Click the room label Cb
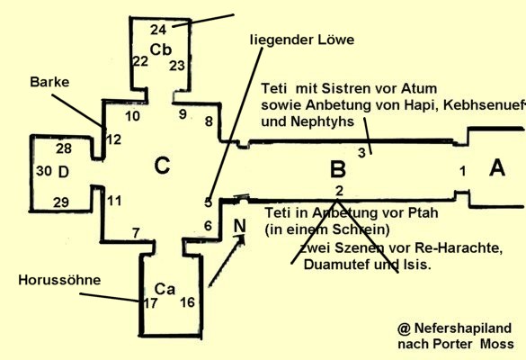pyautogui.click(x=161, y=49)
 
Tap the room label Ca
pyautogui.click(x=165, y=289)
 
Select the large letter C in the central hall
pyautogui.click(x=162, y=166)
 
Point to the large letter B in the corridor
pyautogui.click(x=338, y=169)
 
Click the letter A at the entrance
pyautogui.click(x=497, y=167)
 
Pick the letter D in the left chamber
pyautogui.click(x=64, y=172)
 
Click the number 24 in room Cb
pyautogui.click(x=158, y=30)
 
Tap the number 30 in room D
pyautogui.click(x=44, y=171)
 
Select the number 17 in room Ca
pyautogui.click(x=151, y=303)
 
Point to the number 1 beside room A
pyautogui.click(x=463, y=171)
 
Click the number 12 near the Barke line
pyautogui.click(x=113, y=139)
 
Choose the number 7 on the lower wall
pyautogui.click(x=136, y=233)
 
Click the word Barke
pyautogui.click(x=49, y=82)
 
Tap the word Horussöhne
pyautogui.click(x=59, y=280)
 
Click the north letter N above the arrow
pyautogui.click(x=239, y=226)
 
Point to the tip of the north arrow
pyautogui.click(x=245, y=235)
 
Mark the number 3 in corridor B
pyautogui.click(x=361, y=153)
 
